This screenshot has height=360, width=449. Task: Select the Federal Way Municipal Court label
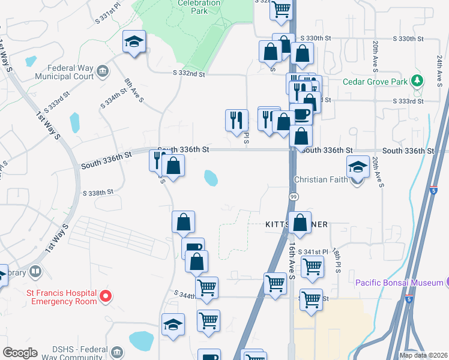tap(64, 72)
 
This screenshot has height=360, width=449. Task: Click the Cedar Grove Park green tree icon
tap(416, 82)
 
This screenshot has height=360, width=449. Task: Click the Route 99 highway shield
tap(294, 197)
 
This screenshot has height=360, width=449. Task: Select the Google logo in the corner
tap(19, 353)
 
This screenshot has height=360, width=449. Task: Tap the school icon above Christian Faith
tap(358, 166)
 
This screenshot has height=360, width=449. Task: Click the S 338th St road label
tap(98, 193)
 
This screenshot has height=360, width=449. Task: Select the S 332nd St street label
tap(188, 74)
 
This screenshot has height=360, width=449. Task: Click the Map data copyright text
tap(424, 355)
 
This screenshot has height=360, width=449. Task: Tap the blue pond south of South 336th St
tap(211, 178)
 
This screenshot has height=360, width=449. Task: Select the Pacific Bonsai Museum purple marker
tap(447, 282)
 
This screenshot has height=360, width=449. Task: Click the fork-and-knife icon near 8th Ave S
tap(157, 160)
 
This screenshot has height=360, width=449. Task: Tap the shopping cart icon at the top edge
tap(281, 9)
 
